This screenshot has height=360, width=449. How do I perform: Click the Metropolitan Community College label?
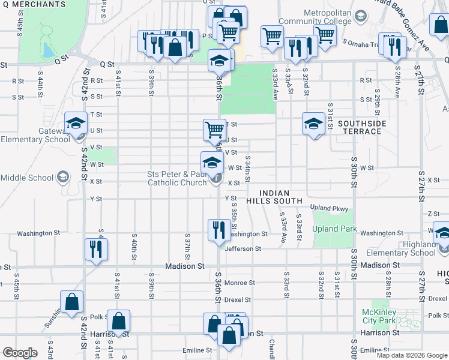(x=318, y=17)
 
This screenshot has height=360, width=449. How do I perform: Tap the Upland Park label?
(x=334, y=229)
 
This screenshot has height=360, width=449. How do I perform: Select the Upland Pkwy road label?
(x=329, y=208)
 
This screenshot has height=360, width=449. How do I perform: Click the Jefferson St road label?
(x=243, y=248)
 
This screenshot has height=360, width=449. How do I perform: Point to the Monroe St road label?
(x=240, y=282)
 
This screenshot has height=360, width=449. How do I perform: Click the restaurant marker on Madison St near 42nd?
(x=96, y=248)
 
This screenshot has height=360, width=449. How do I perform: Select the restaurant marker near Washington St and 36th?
(x=217, y=229)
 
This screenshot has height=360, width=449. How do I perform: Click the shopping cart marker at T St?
(x=214, y=128)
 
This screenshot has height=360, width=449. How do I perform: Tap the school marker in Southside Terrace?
(x=313, y=124)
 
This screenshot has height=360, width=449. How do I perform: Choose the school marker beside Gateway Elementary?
(x=75, y=124)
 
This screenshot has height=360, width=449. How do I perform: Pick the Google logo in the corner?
(x=19, y=353)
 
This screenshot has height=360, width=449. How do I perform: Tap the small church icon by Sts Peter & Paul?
(x=216, y=178)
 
